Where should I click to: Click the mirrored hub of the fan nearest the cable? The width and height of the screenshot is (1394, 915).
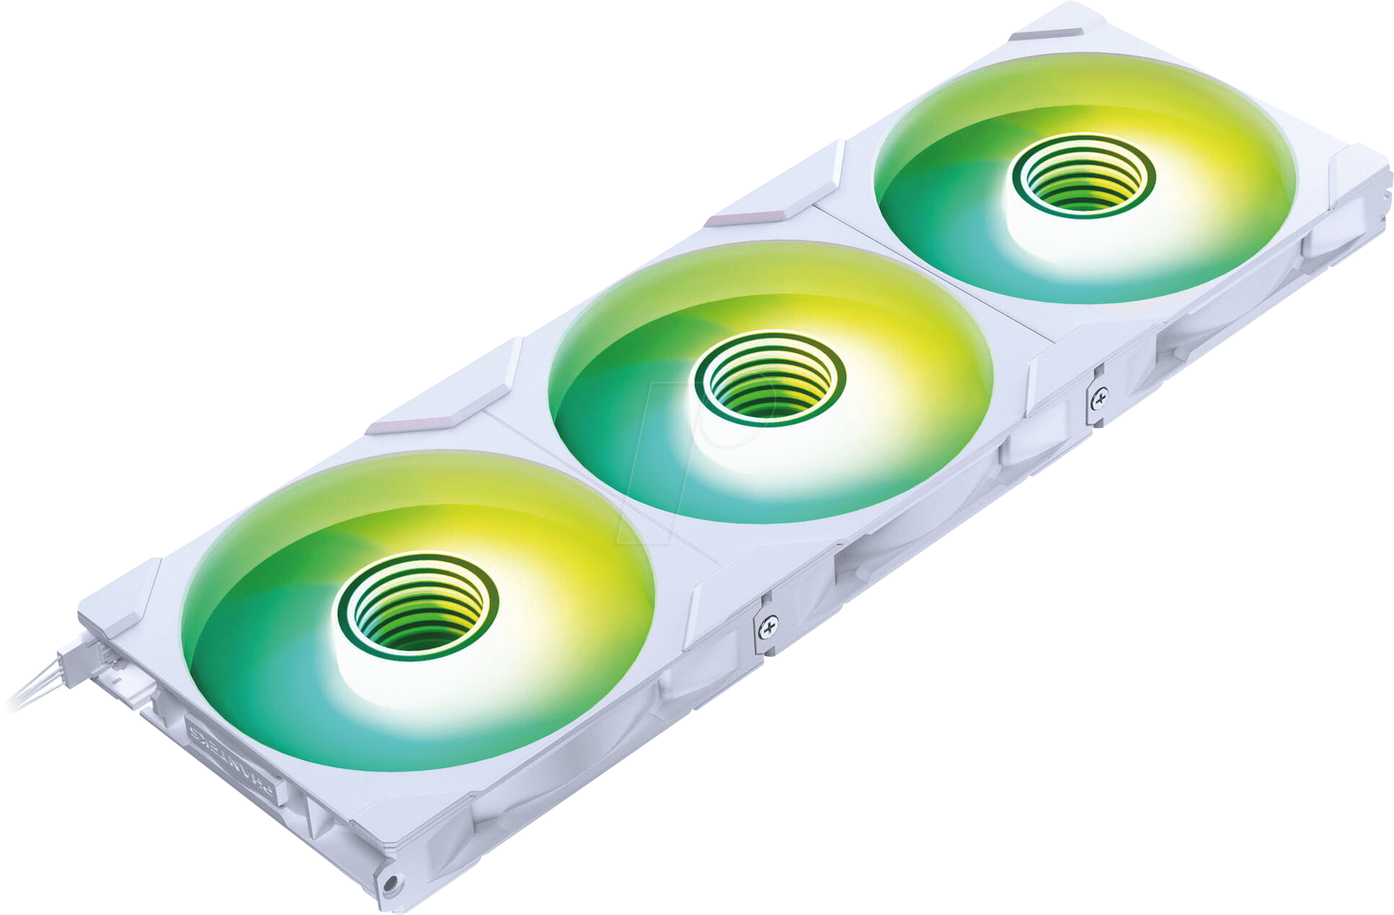coord(417,601)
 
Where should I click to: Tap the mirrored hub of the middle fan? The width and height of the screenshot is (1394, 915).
coord(769,379)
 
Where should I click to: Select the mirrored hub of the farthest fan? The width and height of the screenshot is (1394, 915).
coord(1082,176)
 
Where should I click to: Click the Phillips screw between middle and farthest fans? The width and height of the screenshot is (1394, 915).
coord(1099,397)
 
